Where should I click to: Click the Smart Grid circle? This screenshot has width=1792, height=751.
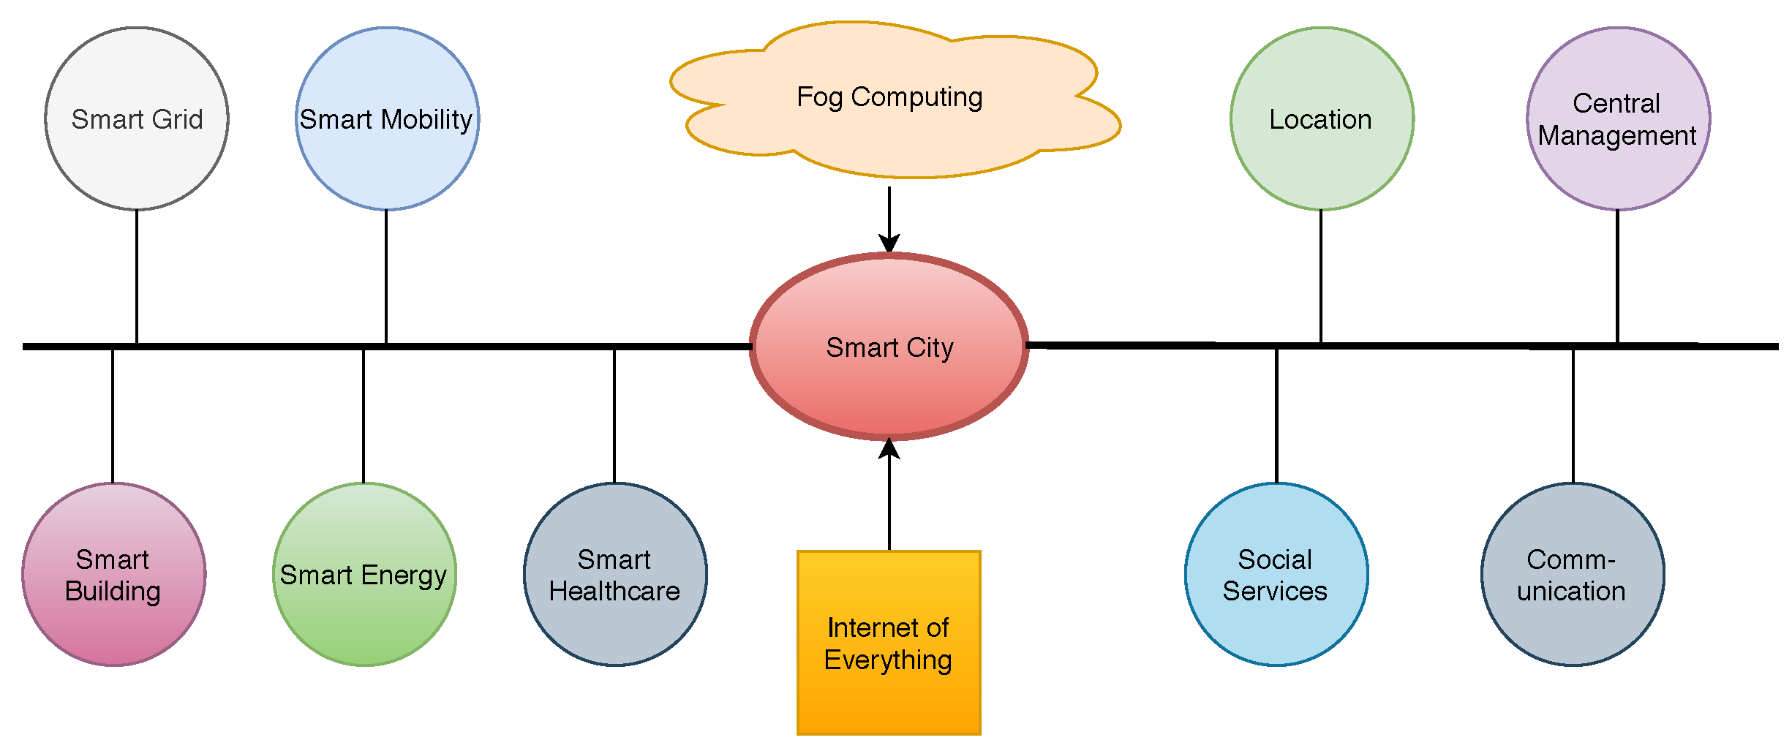(137, 118)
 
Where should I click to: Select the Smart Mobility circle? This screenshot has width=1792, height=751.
(387, 118)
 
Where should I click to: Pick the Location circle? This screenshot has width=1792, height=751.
(1322, 118)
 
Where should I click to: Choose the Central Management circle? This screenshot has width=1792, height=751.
(1618, 118)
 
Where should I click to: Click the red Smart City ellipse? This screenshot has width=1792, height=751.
(889, 347)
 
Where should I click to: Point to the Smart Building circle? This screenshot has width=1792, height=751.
(113, 575)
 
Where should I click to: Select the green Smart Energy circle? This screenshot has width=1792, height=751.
(364, 575)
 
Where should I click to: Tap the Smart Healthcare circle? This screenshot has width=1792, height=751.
(615, 575)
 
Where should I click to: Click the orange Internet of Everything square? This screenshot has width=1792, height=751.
(889, 643)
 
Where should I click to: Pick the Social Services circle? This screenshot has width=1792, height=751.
(1276, 575)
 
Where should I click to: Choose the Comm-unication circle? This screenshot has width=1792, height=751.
(1573, 575)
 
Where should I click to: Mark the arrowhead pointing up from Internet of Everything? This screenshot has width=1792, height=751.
(889, 448)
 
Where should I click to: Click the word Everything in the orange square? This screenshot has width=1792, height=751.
(888, 660)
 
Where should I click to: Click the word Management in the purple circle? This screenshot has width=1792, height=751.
(1616, 136)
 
